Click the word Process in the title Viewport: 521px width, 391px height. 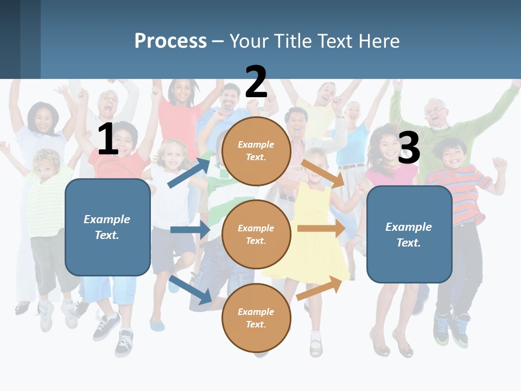pyautogui.click(x=170, y=41)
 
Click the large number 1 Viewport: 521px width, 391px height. pyautogui.click(x=108, y=139)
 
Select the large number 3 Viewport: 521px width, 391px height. pyautogui.click(x=409, y=148)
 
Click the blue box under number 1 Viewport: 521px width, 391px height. pyautogui.click(x=107, y=227)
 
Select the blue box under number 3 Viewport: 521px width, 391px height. pyautogui.click(x=409, y=234)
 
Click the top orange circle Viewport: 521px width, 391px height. pyautogui.click(x=256, y=151)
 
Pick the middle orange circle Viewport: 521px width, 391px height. pyautogui.click(x=256, y=234)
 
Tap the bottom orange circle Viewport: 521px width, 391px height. pyautogui.click(x=256, y=318)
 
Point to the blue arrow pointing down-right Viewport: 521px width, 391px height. pyautogui.click(x=190, y=290)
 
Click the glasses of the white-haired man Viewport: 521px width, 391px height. pyautogui.click(x=436, y=111)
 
